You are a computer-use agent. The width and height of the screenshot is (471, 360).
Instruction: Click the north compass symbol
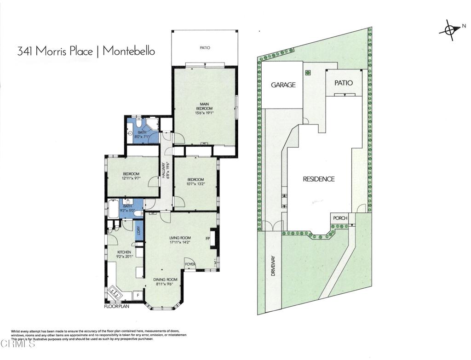450,30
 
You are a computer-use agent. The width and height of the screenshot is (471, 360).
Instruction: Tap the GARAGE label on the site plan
283,85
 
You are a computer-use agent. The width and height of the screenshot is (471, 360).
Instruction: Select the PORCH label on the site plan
340,218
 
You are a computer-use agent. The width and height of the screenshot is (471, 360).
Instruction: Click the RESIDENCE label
318,179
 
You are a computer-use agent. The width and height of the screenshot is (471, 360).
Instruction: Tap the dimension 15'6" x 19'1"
205,114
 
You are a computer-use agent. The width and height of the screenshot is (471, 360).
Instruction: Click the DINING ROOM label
165,279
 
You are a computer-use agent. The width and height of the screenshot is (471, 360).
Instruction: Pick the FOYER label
190,265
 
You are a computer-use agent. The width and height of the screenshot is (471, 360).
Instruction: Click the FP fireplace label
207,239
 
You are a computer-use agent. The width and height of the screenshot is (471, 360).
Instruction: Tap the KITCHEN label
124,252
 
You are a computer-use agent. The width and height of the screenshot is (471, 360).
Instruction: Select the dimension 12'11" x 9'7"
131,178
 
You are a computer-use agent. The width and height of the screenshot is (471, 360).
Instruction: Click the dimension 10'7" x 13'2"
195,183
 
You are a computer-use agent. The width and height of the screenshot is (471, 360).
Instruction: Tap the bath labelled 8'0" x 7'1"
142,134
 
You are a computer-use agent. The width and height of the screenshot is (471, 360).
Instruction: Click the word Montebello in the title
128,51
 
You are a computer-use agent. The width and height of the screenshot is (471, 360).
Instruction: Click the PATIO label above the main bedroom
205,47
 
